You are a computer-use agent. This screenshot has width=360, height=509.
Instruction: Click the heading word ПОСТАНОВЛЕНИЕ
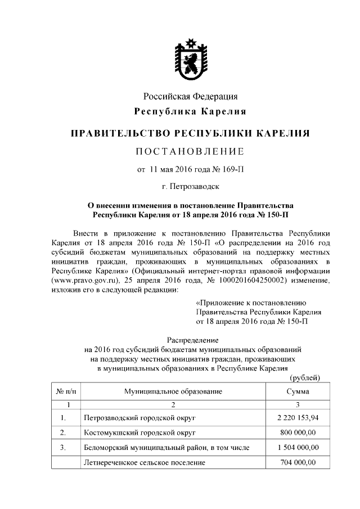point(190,151)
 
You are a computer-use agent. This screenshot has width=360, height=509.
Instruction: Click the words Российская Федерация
point(190,96)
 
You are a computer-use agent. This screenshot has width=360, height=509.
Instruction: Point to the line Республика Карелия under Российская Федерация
point(190,111)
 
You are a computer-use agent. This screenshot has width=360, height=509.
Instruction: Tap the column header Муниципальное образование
point(173,391)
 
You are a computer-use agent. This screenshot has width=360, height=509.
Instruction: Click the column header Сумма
point(297,391)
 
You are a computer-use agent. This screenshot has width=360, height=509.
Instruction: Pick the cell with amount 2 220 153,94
point(298,417)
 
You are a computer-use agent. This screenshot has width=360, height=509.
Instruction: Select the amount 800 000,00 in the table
point(298,433)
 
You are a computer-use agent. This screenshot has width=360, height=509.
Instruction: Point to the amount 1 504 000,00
point(298,448)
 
